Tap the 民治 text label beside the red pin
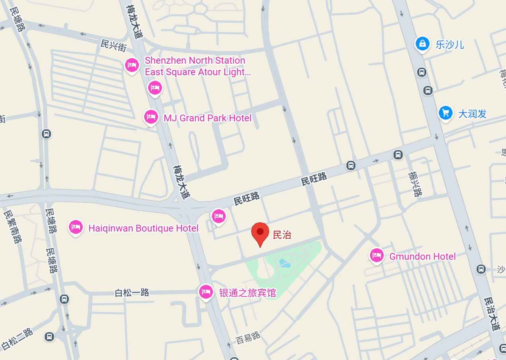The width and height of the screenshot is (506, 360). (x=282, y=235)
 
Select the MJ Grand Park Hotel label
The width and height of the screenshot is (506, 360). (x=207, y=118)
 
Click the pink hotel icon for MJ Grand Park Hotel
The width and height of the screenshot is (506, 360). (x=151, y=117)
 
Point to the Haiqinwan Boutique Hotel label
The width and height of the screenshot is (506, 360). (x=143, y=228)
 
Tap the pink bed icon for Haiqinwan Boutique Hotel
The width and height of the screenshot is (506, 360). (x=76, y=227)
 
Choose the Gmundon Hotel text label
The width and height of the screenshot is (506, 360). (x=422, y=257)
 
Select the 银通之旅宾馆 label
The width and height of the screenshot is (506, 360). (x=247, y=293)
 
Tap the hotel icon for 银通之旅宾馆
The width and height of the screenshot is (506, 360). (x=206, y=292)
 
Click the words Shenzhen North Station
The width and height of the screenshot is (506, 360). (x=195, y=60)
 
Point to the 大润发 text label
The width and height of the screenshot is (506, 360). (x=472, y=114)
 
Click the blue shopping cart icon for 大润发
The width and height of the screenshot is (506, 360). (x=445, y=113)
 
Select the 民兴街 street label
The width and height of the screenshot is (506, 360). (x=114, y=45)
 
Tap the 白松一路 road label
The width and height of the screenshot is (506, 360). (x=132, y=293)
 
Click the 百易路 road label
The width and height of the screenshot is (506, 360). (x=248, y=338)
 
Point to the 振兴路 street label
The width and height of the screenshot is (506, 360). (x=415, y=184)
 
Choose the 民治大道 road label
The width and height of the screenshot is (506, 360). (x=492, y=314)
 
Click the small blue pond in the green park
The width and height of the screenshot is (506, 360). (x=284, y=263)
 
